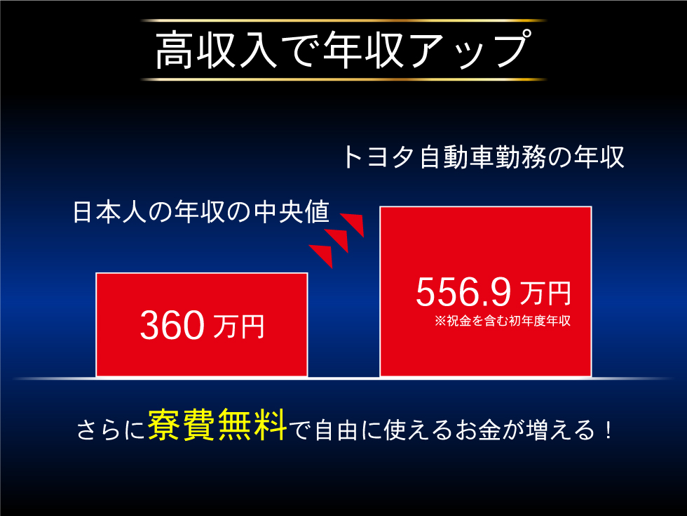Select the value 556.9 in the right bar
pos(462,292)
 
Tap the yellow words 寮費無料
pos(217,428)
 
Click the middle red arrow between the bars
pos(338,240)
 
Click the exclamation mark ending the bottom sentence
pos(607,430)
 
